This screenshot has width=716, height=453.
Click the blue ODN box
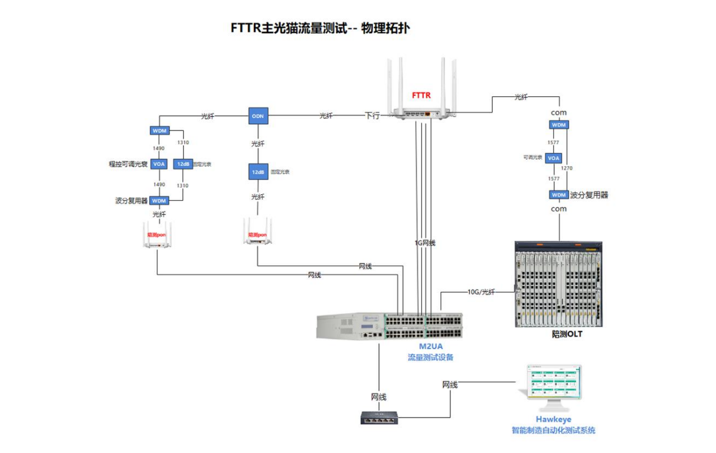tap(258, 116)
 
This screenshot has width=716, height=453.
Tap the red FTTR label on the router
tap(421, 95)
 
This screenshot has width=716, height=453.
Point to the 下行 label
tap(372, 116)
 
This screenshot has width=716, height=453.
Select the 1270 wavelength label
tap(567, 168)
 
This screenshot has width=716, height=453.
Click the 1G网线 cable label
tap(425, 243)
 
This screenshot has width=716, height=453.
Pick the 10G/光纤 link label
tap(481, 292)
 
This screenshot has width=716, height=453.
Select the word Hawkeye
tap(554, 419)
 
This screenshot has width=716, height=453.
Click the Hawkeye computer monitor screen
tap(554, 383)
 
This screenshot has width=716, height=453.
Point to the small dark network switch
tap(379, 418)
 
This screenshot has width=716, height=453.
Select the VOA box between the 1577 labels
tap(553, 158)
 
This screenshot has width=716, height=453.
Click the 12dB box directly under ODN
tap(258, 172)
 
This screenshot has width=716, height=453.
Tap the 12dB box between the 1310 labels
tap(182, 164)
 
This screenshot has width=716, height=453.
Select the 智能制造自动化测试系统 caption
tap(553, 431)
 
